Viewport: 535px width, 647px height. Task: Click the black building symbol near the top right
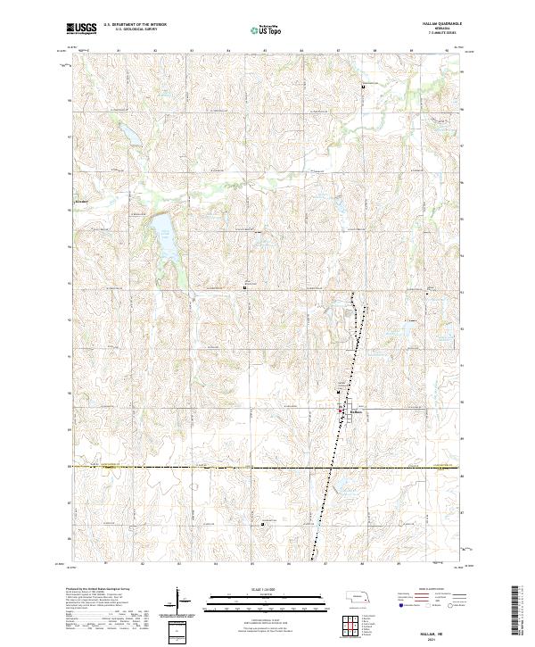pyautogui.click(x=363, y=86)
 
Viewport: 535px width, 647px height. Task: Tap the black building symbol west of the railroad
pyautogui.click(x=245, y=287)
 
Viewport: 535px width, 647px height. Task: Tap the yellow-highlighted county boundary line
pyautogui.click(x=267, y=466)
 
